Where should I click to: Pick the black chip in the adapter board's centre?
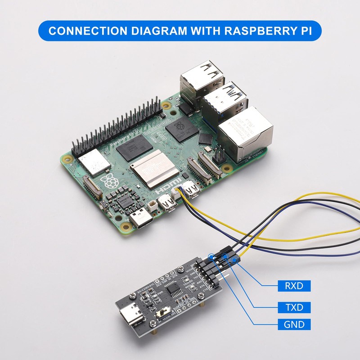pos(174,293)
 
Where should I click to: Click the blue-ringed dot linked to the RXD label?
pos(234,260)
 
